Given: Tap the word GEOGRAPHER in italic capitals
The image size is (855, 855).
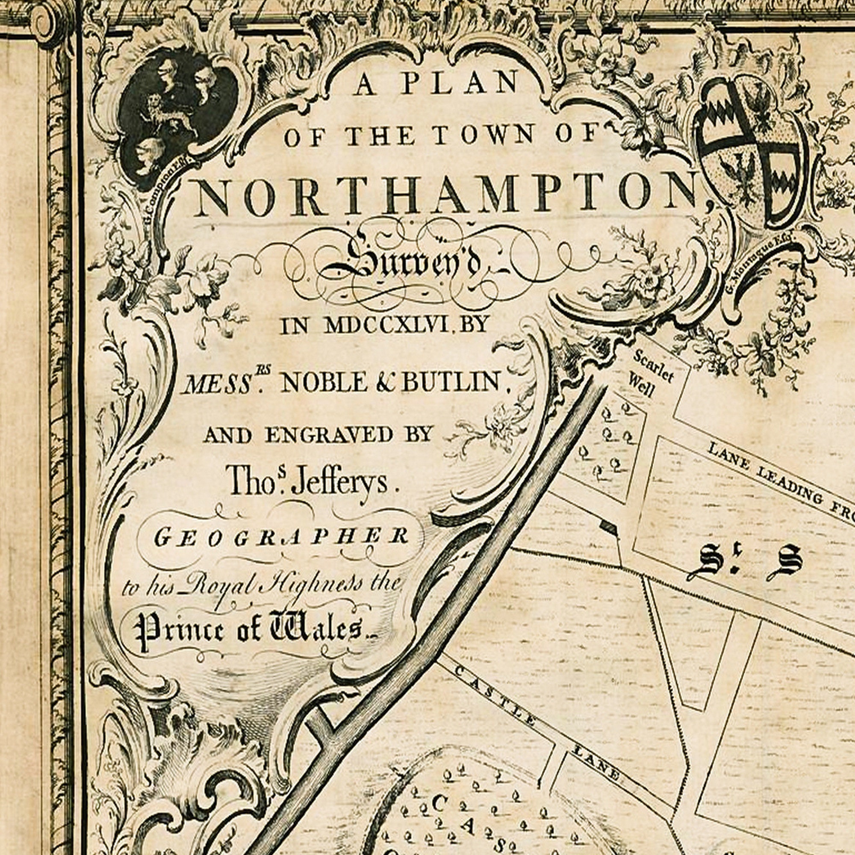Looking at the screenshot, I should pyautogui.click(x=281, y=537).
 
